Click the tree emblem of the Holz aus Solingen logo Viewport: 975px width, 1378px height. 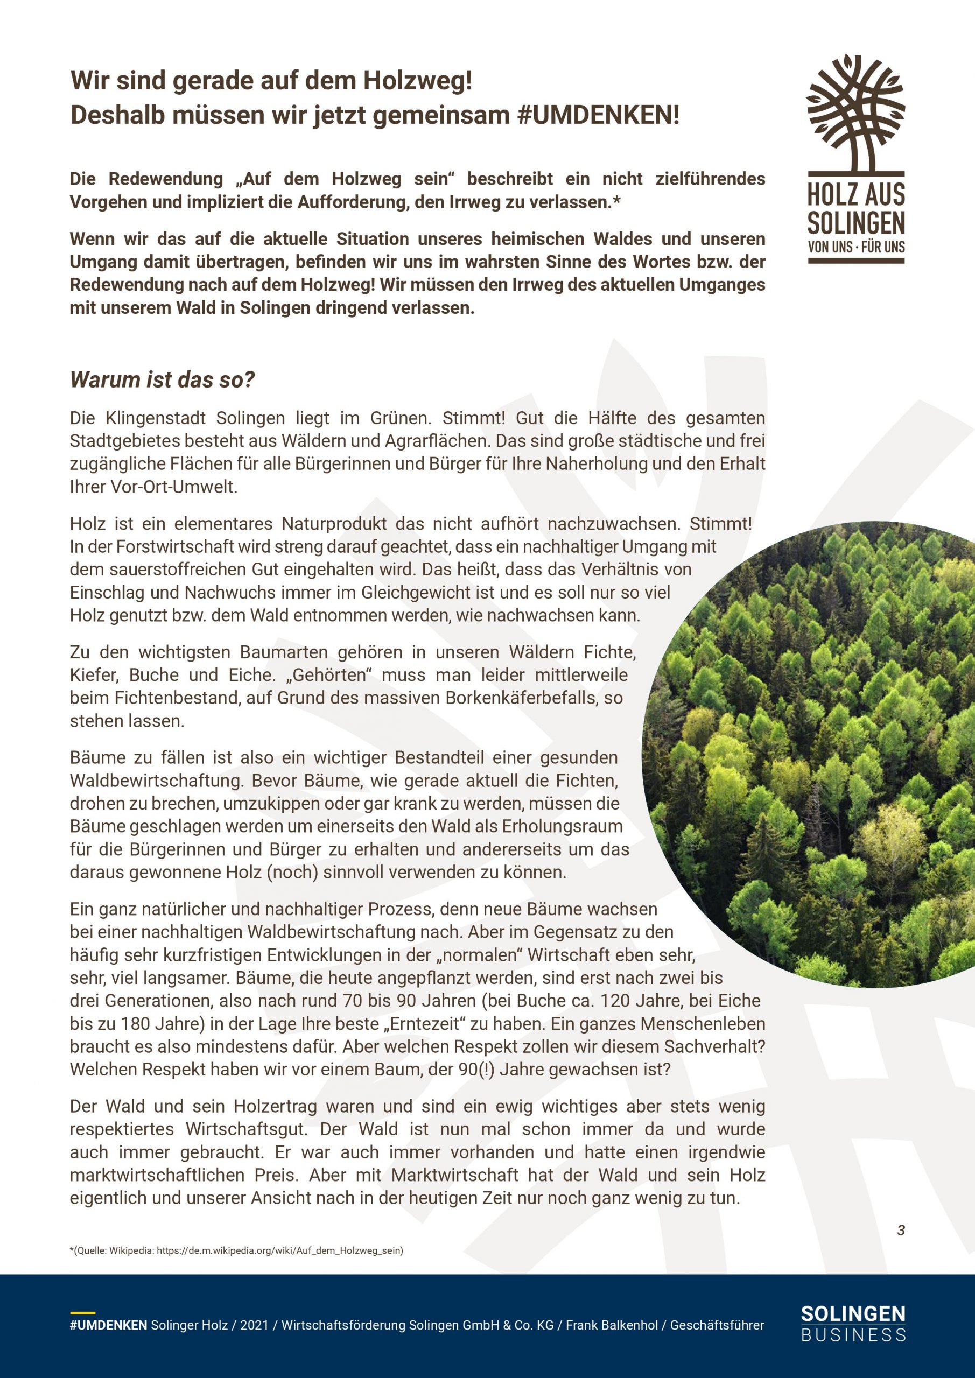pos(855,111)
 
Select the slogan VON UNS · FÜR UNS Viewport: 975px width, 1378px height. pos(856,246)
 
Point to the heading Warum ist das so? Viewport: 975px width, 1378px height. pos(162,379)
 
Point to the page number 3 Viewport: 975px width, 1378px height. pos(901,1230)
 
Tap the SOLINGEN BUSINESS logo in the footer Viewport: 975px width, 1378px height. pos(853,1324)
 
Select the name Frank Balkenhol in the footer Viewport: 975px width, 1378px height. pos(612,1325)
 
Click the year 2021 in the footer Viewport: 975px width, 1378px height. pos(255,1325)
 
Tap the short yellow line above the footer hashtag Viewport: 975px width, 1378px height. pos(82,1312)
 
